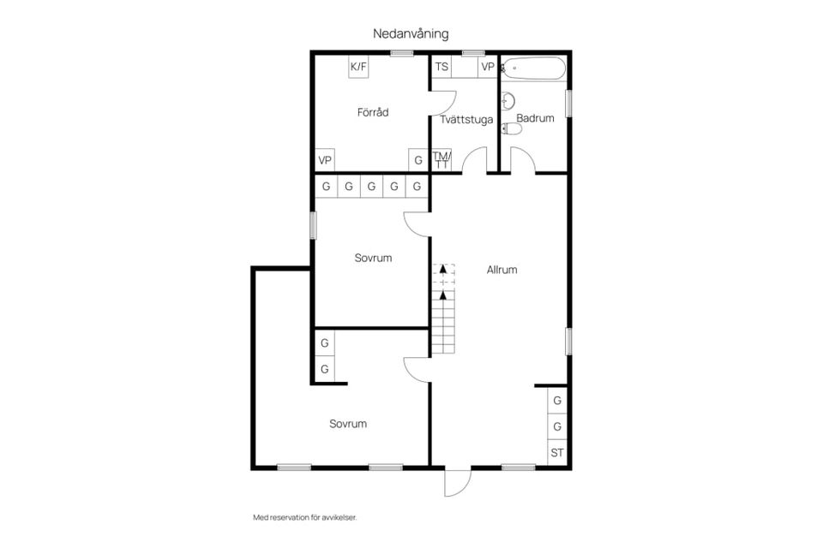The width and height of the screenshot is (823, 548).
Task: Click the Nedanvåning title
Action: (x=411, y=34)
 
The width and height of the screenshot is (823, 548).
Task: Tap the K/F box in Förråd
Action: (x=358, y=67)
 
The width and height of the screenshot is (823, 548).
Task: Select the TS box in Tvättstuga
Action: (x=442, y=67)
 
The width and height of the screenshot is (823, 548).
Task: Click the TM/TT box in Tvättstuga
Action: (x=442, y=159)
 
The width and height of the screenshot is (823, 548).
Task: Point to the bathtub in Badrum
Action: (x=534, y=68)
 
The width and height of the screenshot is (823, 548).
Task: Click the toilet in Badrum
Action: (x=511, y=128)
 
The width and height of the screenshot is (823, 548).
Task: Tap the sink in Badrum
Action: (x=508, y=101)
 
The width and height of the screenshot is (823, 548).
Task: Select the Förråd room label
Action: (x=373, y=112)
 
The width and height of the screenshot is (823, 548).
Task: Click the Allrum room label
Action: (x=502, y=270)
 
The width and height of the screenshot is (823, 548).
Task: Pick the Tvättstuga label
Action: (x=466, y=120)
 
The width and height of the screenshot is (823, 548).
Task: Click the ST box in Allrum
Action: (x=557, y=453)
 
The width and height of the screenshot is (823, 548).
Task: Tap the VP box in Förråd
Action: (x=325, y=160)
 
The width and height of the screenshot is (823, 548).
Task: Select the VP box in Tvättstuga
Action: (x=488, y=67)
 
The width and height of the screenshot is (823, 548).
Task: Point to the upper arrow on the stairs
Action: (x=443, y=269)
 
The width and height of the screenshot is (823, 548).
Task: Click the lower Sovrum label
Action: (x=348, y=424)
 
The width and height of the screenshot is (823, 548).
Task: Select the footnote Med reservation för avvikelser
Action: (x=305, y=517)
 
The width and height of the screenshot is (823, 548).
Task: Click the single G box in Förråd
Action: (x=418, y=160)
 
